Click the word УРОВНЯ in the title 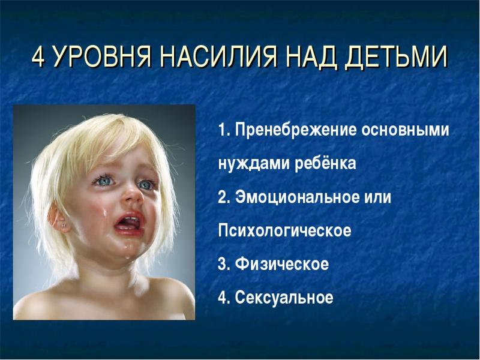101,58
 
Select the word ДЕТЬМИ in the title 394,58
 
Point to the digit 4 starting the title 38,58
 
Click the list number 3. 223,265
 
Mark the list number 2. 223,197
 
